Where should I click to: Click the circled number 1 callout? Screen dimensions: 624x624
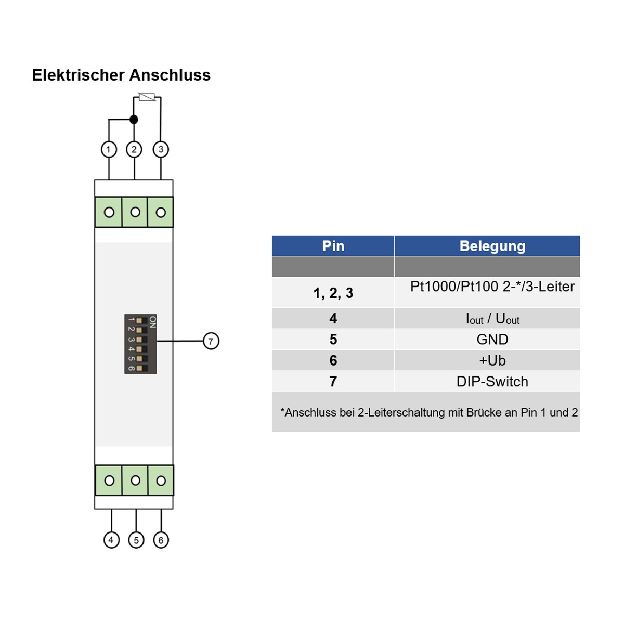[x=109, y=150]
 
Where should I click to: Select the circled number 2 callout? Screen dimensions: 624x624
[x=134, y=150]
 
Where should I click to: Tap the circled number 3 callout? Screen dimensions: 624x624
[x=161, y=150]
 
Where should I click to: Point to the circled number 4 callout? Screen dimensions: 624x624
[x=111, y=540]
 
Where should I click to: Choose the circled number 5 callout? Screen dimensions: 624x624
[x=136, y=540]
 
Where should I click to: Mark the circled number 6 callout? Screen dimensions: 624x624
[x=161, y=540]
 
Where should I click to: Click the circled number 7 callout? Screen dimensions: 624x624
[x=211, y=341]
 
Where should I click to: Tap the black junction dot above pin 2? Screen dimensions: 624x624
[x=134, y=120]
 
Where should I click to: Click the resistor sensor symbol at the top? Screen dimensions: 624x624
[x=147, y=97]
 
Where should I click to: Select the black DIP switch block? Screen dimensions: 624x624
[x=140, y=344]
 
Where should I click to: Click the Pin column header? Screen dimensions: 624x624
[x=333, y=246]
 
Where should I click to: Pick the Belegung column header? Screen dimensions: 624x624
[x=492, y=246]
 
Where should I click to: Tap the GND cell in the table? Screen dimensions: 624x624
[x=492, y=340]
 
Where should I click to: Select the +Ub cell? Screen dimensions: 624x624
[x=492, y=360]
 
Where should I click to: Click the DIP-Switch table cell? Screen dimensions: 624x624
[x=492, y=382]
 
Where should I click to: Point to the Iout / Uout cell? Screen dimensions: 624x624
[x=492, y=318]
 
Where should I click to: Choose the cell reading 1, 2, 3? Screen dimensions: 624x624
[x=333, y=293]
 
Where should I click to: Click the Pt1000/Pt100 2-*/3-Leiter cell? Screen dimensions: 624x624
[x=492, y=287]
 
